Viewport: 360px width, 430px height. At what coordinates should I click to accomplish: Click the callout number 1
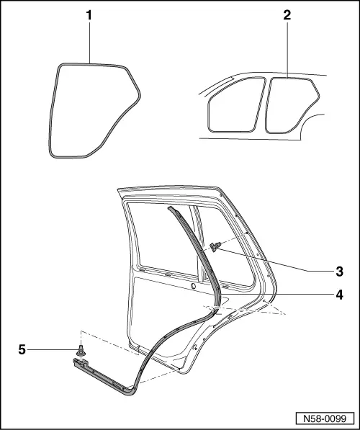(89, 16)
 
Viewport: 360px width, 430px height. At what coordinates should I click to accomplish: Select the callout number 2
(287, 15)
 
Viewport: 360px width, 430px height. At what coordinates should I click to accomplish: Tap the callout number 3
(339, 272)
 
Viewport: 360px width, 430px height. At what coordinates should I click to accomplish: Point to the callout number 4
(339, 295)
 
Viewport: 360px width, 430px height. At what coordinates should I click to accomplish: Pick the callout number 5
(22, 349)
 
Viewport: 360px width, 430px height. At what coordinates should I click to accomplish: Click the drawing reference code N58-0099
(325, 418)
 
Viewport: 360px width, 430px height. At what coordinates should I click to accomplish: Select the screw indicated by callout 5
(81, 351)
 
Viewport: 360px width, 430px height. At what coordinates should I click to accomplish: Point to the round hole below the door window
(194, 286)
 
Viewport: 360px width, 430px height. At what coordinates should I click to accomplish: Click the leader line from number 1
(90, 42)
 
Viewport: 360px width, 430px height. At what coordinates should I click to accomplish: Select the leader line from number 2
(287, 50)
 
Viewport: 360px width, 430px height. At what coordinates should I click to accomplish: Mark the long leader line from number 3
(276, 260)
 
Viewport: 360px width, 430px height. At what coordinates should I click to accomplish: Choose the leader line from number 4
(276, 295)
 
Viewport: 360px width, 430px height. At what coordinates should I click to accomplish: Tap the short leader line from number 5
(52, 349)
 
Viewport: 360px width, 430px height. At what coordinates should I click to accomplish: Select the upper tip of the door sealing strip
(170, 208)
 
